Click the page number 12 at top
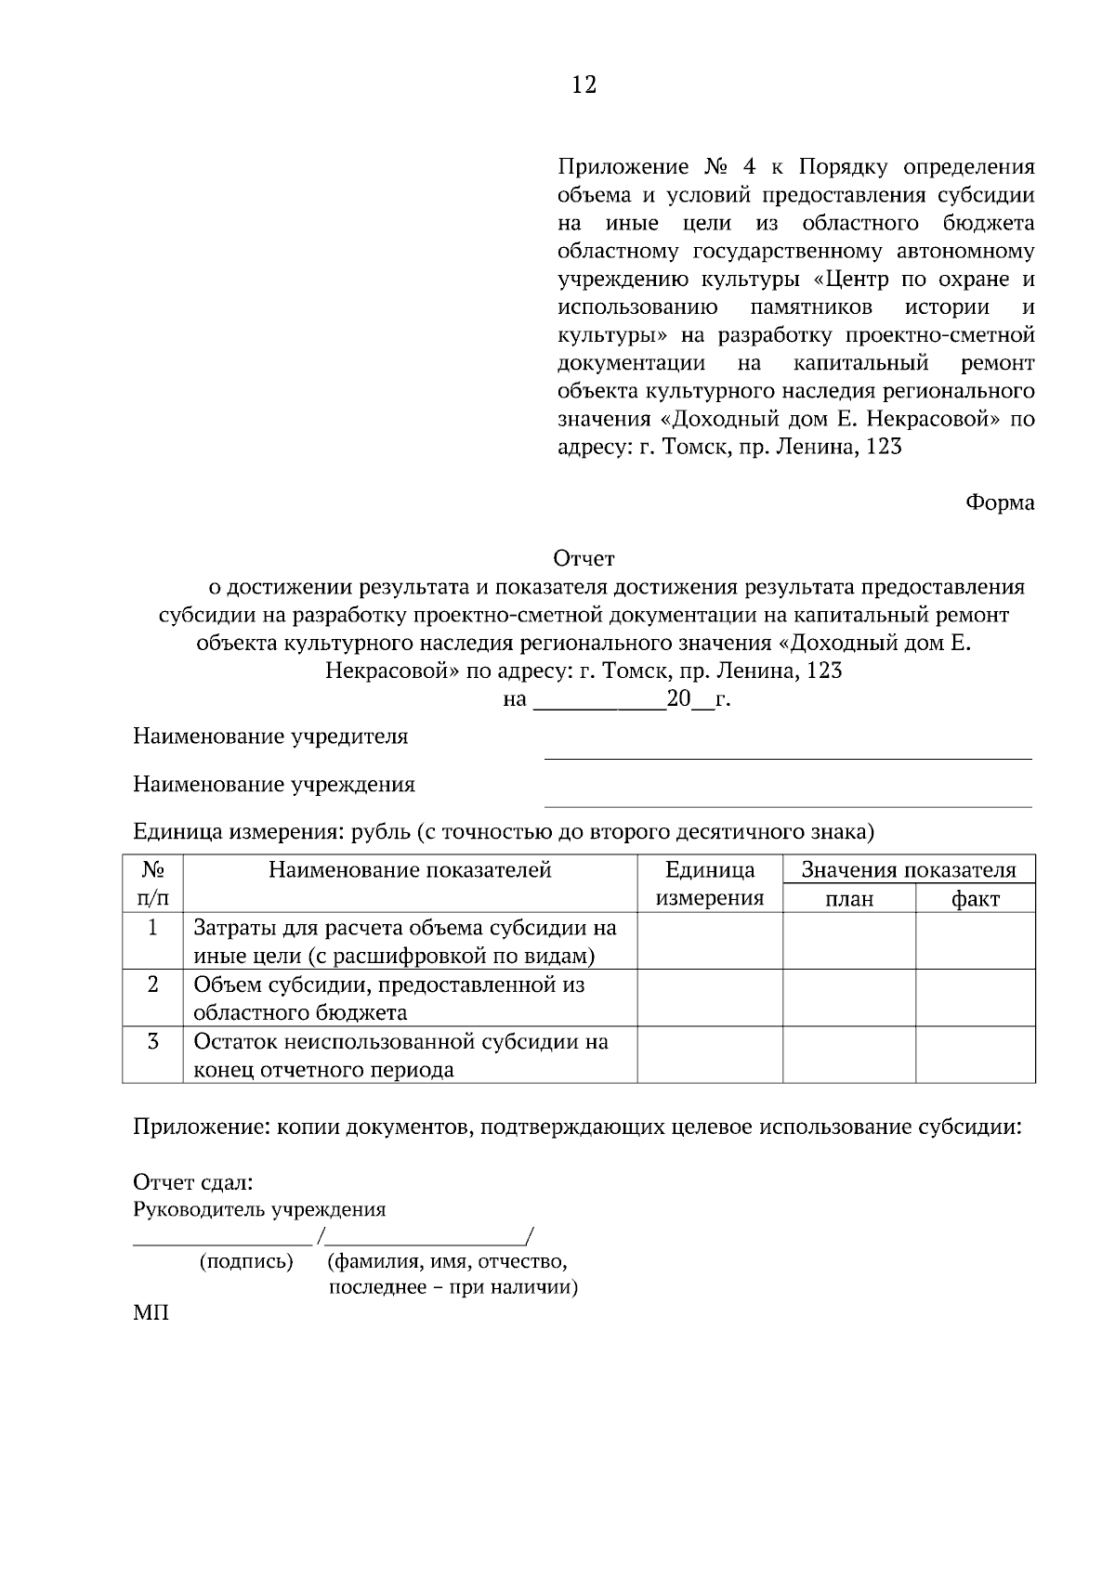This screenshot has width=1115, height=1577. pyautogui.click(x=584, y=85)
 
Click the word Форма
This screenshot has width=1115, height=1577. pyautogui.click(x=1000, y=502)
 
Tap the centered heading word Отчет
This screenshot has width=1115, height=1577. pyautogui.click(x=584, y=558)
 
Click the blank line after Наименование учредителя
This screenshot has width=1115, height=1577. pyautogui.click(x=787, y=757)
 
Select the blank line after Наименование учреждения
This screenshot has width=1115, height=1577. pyautogui.click(x=787, y=805)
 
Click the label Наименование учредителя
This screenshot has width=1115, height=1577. pyautogui.click(x=270, y=736)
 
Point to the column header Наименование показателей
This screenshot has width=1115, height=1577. pyautogui.click(x=410, y=869)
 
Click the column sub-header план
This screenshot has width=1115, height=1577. pyautogui.click(x=849, y=898)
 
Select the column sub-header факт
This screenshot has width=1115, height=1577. pyautogui.click(x=976, y=898)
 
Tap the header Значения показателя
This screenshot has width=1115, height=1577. pyautogui.click(x=909, y=870)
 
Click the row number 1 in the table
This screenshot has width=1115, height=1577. pyautogui.click(x=152, y=927)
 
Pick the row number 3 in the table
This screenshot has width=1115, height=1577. pyautogui.click(x=152, y=1041)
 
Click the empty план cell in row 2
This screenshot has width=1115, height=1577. pyautogui.click(x=849, y=997)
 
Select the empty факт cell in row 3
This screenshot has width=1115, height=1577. pyautogui.click(x=976, y=1054)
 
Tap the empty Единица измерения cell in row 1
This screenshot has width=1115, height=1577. pyautogui.click(x=710, y=941)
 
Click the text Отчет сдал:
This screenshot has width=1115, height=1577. pyautogui.click(x=193, y=1182)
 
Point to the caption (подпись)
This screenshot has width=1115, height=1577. pyautogui.click(x=246, y=1261)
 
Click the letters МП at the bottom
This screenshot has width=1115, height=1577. pyautogui.click(x=151, y=1314)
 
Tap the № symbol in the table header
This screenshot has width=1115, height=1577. pyautogui.click(x=153, y=869)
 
